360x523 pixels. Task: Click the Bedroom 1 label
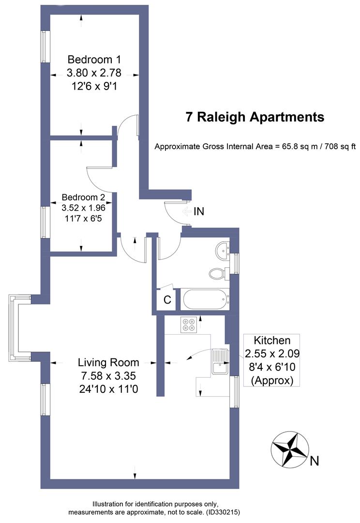point(94,60)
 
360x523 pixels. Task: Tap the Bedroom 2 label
point(83,198)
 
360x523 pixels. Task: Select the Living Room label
point(108,362)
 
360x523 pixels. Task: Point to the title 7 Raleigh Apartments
point(255,117)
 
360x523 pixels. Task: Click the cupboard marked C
point(167,300)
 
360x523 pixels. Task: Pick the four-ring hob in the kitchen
point(188,324)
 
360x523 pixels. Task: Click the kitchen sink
point(220,361)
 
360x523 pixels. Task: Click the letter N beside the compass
point(315,461)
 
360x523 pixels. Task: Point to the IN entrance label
point(199,211)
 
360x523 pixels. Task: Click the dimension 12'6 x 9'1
point(94,87)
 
